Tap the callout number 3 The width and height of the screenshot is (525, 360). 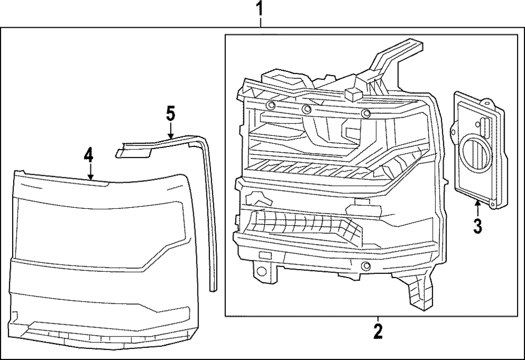click(477, 227)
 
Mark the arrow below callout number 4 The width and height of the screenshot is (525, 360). click(90, 173)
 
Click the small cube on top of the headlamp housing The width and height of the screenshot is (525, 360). click(352, 94)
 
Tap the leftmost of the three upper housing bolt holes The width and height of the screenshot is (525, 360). click(270, 107)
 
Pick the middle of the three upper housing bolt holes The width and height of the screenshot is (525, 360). click(307, 110)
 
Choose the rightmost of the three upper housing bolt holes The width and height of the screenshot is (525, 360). click(366, 114)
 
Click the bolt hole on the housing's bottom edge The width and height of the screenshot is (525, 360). click(363, 268)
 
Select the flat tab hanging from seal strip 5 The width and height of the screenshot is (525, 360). click(132, 152)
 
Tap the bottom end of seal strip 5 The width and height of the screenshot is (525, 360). click(212, 286)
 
